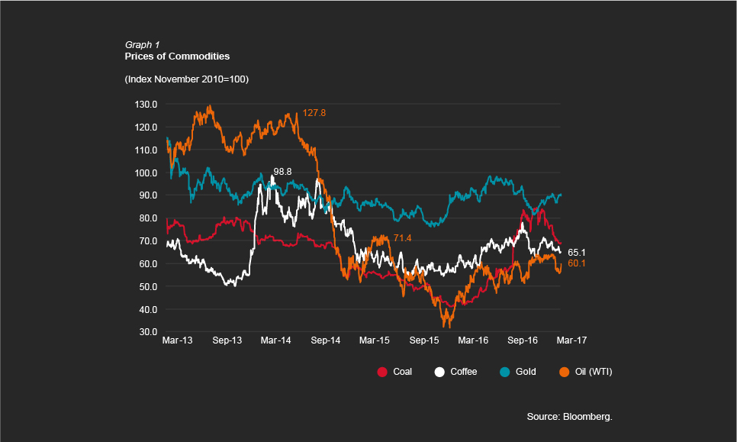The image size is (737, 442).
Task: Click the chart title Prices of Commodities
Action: pyautogui.click(x=177, y=56)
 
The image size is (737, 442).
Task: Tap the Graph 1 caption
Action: pyautogui.click(x=143, y=46)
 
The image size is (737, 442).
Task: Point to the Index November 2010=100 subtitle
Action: pyautogui.click(x=186, y=79)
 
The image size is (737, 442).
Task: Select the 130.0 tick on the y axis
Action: pyautogui.click(x=145, y=104)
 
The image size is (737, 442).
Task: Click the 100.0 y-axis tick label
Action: pyautogui.click(x=145, y=173)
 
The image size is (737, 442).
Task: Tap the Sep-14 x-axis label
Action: pyautogui.click(x=325, y=339)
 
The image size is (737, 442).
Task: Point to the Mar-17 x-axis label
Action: pyautogui.click(x=571, y=339)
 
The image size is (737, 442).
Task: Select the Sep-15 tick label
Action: pyautogui.click(x=424, y=339)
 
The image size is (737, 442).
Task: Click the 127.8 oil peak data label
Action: pyautogui.click(x=314, y=113)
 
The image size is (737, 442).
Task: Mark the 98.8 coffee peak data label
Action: pyautogui.click(x=282, y=173)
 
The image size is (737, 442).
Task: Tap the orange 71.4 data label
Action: pyautogui.click(x=402, y=239)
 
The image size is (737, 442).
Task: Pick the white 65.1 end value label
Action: pyautogui.click(x=577, y=253)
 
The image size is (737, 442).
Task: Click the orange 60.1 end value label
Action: pyautogui.click(x=577, y=263)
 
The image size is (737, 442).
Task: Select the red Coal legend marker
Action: pyautogui.click(x=383, y=373)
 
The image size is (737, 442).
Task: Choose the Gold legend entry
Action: pyautogui.click(x=519, y=373)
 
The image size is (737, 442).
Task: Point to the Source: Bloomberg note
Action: pyautogui.click(x=569, y=417)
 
